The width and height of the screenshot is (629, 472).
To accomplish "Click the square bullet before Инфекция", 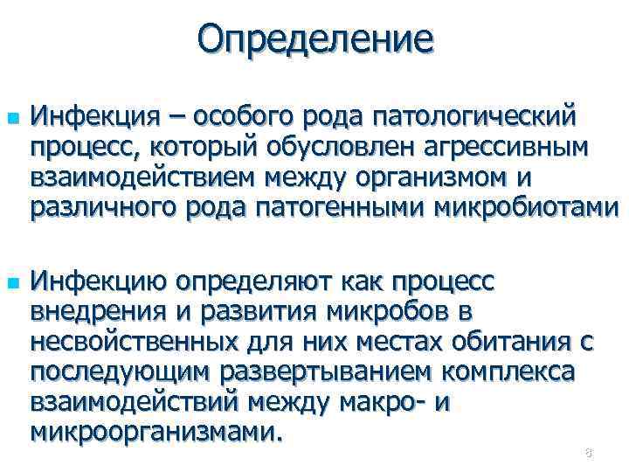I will [10, 115].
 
